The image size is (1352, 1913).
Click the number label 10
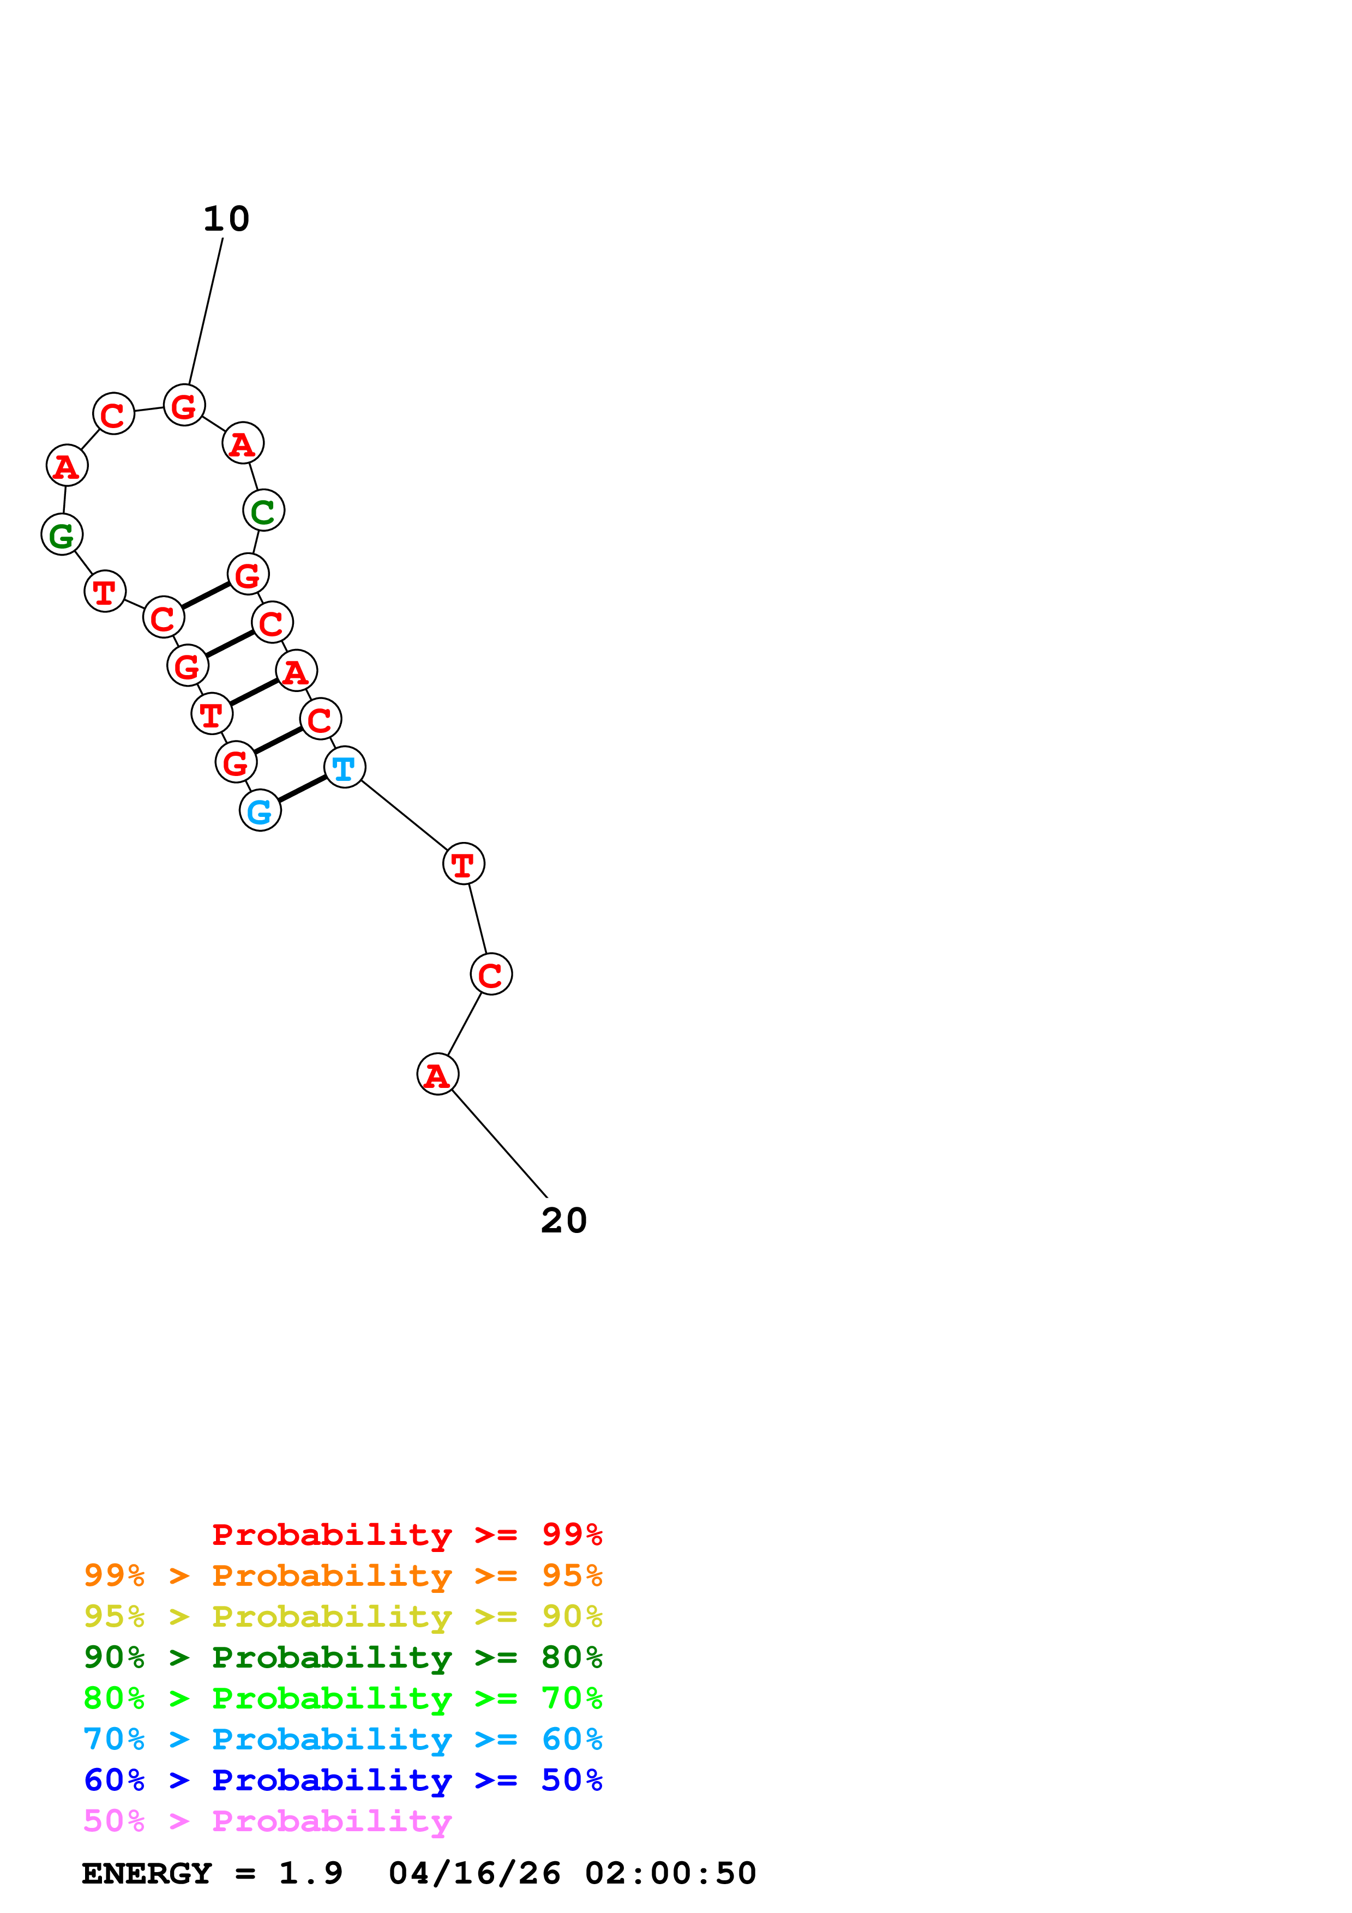click(226, 219)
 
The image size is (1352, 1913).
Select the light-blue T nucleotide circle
click(344, 767)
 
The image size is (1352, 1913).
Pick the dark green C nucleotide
click(263, 511)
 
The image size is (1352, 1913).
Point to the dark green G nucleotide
click(62, 535)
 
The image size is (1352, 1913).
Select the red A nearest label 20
click(437, 1075)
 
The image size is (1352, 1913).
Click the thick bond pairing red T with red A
click(253, 693)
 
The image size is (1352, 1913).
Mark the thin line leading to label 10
click(206, 311)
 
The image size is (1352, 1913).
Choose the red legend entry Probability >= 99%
click(407, 1535)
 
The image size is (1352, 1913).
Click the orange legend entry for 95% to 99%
click(343, 1575)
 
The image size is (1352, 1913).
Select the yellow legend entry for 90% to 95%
click(343, 1616)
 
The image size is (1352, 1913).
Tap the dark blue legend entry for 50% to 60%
click(343, 1780)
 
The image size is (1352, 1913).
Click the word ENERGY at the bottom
click(147, 1873)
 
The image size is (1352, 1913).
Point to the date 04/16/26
click(475, 1873)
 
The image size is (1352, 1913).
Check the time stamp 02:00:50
click(671, 1873)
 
